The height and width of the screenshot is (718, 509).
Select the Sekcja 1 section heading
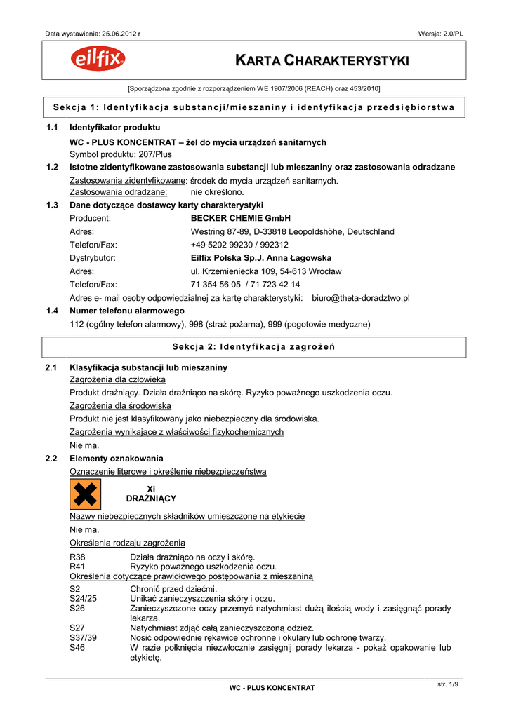pos(254,107)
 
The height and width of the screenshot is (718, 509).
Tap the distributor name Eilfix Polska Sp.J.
pos(239,258)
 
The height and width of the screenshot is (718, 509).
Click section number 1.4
pos(51,311)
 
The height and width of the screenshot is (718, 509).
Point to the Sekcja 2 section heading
pos(254,347)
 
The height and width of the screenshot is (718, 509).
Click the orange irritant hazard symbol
pos(86,494)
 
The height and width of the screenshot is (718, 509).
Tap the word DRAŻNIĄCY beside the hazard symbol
pos(151,499)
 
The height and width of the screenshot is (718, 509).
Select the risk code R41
pos(77,567)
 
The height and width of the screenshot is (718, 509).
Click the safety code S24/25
pos(84,598)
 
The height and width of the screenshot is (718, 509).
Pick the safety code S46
pos(77,648)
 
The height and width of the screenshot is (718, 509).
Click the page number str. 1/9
pos(447,684)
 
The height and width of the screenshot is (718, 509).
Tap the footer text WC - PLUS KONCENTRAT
pos(272,689)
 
